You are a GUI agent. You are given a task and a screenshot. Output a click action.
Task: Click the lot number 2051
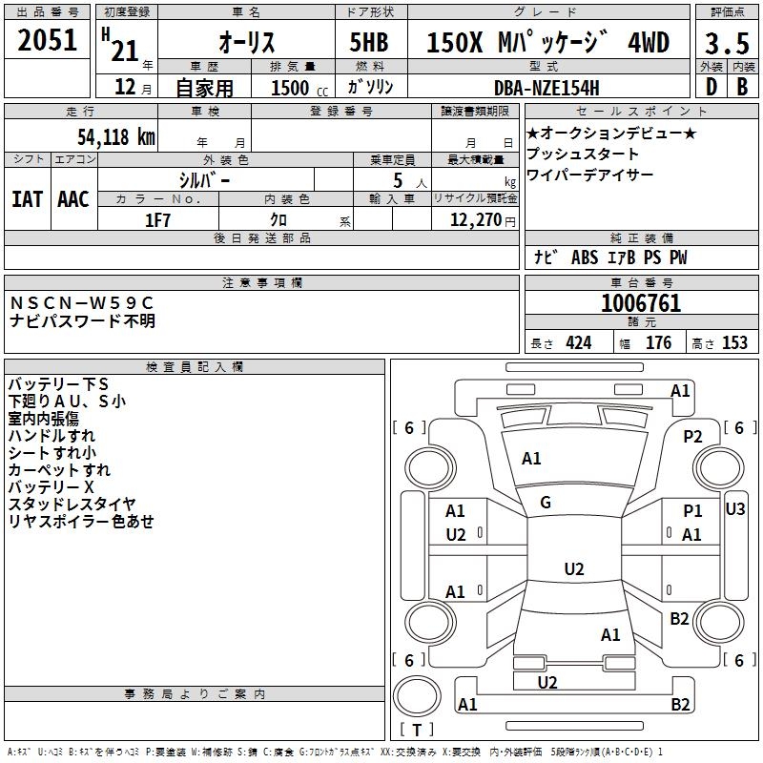[49, 40]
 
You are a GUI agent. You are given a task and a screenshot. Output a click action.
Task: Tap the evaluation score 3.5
[726, 44]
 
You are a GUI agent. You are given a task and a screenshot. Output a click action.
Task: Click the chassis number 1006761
[641, 303]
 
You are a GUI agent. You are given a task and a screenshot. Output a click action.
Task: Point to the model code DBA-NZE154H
[546, 88]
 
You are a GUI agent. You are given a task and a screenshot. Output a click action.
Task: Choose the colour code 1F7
[158, 219]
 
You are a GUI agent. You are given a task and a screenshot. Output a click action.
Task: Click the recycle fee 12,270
[470, 219]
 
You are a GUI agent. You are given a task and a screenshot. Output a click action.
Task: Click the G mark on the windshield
[546, 503]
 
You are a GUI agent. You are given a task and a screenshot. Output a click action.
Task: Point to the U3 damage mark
[734, 508]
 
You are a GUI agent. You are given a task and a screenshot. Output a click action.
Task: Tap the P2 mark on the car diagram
[692, 436]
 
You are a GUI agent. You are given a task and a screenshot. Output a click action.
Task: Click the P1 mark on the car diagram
[692, 512]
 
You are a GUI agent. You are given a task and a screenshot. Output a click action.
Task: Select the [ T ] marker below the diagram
[418, 730]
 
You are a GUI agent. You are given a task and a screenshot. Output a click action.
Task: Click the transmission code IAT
[27, 198]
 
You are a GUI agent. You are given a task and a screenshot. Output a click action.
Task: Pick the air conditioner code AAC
[73, 198]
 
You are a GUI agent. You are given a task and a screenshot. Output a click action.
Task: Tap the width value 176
[658, 343]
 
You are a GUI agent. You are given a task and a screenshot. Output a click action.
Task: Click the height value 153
[734, 343]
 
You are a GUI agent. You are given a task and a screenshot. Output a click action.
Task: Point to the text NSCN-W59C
[81, 302]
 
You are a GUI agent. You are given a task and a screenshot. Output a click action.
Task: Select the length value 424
[578, 343]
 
